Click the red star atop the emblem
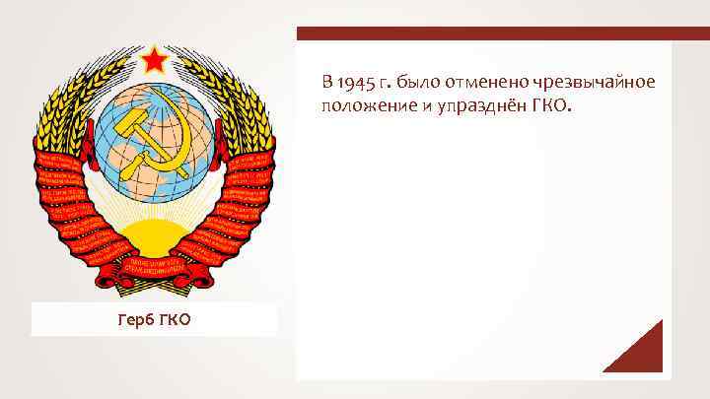pos(154,64)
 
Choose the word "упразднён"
pos(477,103)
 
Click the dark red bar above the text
pos(483,33)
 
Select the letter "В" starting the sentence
pos(325,80)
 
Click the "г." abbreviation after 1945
pos(383,81)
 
